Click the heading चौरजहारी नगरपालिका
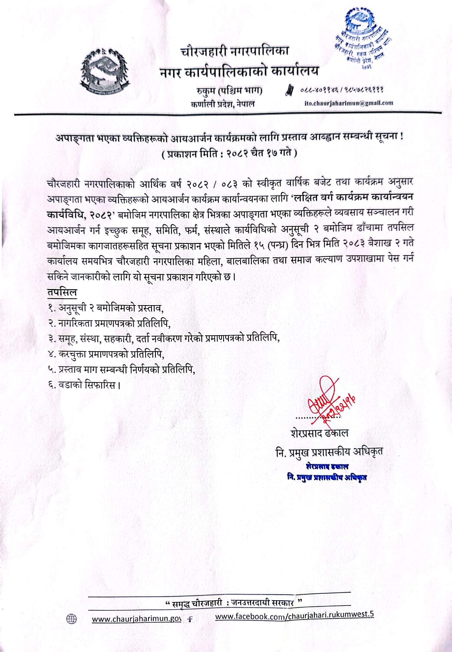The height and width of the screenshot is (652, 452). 234,51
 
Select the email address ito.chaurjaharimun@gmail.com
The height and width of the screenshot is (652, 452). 349,103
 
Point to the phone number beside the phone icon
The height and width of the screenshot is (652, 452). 342,90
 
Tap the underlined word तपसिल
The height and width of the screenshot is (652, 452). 62,292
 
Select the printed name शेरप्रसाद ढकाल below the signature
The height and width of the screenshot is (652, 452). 320,433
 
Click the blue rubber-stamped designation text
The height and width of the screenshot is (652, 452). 327,472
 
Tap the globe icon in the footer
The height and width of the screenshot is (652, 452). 71,619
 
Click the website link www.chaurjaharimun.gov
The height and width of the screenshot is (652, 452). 136,619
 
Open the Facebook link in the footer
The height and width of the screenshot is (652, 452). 294,615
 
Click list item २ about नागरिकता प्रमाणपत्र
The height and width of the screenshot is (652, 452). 109,323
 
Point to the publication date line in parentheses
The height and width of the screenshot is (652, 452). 229,153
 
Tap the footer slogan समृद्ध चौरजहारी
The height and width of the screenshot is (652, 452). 234,603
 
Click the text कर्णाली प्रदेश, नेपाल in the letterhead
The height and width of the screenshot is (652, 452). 222,104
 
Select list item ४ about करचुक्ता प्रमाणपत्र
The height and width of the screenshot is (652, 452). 106,354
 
